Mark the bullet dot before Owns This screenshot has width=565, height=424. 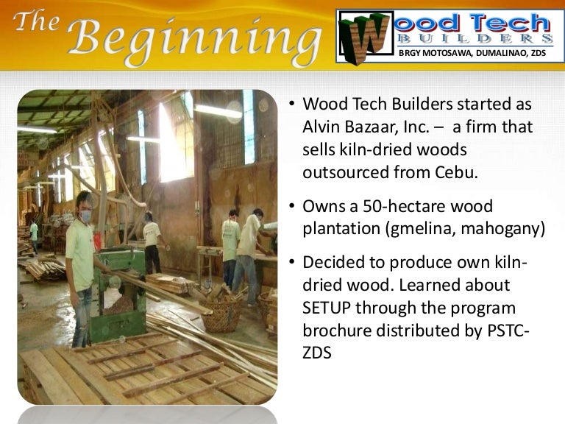[291, 207]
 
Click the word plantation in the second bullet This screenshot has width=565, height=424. [341, 229]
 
